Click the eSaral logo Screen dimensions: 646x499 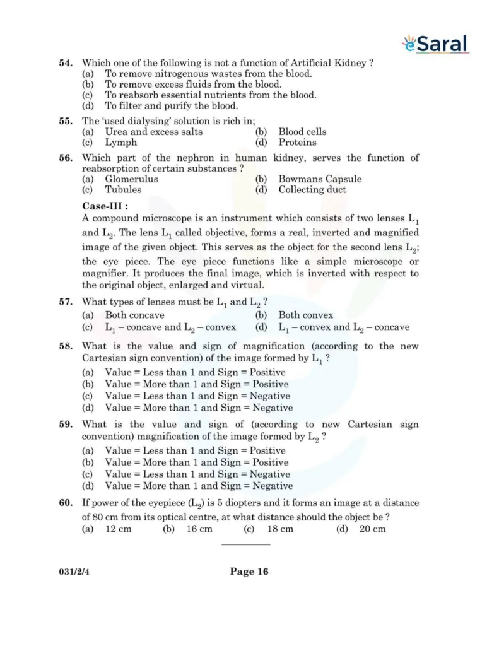(x=436, y=44)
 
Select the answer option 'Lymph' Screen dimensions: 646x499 (x=120, y=143)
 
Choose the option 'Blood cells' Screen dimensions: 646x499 (x=302, y=132)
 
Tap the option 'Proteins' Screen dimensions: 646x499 (x=297, y=143)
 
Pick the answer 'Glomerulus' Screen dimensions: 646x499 (x=131, y=179)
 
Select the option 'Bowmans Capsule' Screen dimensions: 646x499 (x=320, y=179)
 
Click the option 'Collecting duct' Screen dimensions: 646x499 (x=312, y=190)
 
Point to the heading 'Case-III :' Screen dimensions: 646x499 (x=105, y=206)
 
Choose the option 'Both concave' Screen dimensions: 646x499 (x=134, y=315)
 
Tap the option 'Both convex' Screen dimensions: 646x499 (x=305, y=315)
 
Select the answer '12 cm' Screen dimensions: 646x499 (x=118, y=529)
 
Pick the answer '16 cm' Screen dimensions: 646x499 (x=199, y=529)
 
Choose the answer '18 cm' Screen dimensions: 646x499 (x=279, y=529)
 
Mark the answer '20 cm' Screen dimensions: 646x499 (x=372, y=529)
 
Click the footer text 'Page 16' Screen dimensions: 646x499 (x=249, y=572)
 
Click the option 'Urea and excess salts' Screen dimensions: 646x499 (x=153, y=132)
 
